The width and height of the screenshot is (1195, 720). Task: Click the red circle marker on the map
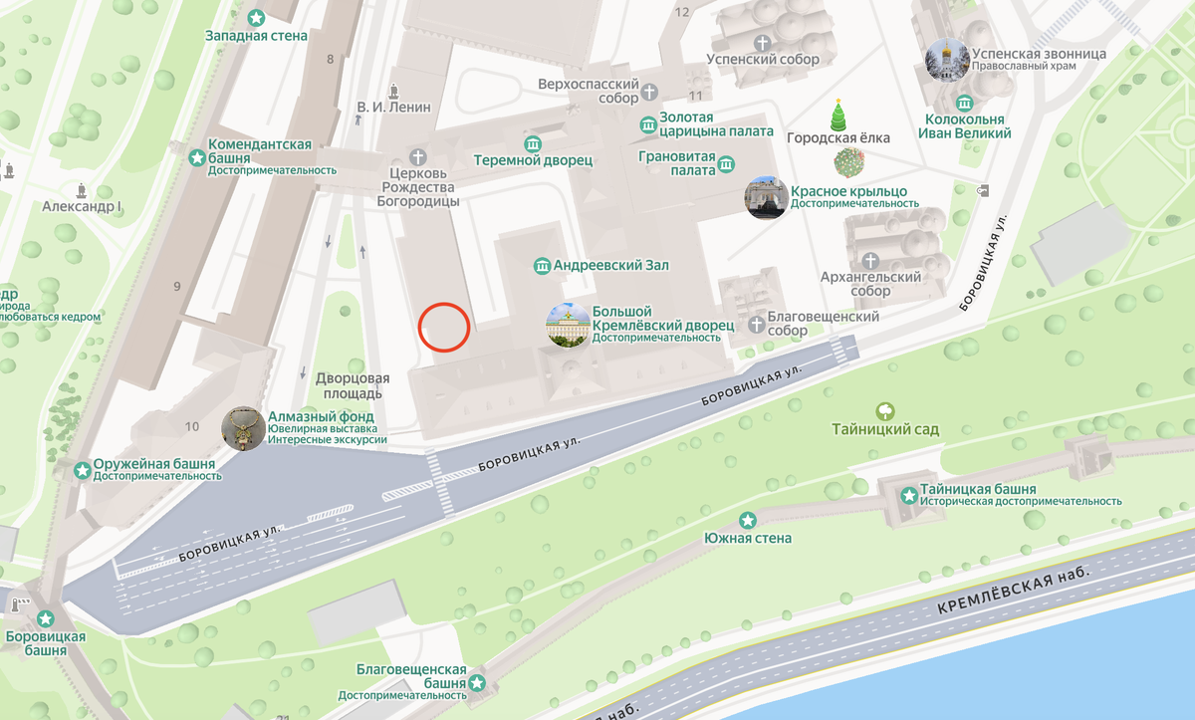[444, 327]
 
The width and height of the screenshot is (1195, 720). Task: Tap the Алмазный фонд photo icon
[243, 428]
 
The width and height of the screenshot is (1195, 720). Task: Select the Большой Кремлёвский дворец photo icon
[568, 325]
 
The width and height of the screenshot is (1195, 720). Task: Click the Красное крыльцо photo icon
[767, 197]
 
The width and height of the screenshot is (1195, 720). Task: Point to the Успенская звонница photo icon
[946, 60]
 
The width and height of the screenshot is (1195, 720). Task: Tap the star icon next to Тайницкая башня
[908, 496]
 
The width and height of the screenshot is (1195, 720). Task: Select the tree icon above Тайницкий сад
[884, 410]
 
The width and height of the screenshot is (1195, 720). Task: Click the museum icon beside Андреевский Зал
[542, 266]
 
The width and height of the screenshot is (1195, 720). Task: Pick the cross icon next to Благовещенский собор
[757, 324]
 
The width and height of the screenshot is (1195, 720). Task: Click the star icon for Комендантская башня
[196, 157]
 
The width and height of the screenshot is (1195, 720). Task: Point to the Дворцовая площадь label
[352, 385]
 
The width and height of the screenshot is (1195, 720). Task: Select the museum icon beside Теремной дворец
[533, 143]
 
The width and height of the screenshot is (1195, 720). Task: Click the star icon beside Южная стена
[747, 520]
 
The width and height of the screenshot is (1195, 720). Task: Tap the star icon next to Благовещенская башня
[477, 682]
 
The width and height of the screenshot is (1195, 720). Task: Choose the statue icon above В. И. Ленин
[395, 89]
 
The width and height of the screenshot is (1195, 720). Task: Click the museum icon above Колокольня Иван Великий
[963, 104]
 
